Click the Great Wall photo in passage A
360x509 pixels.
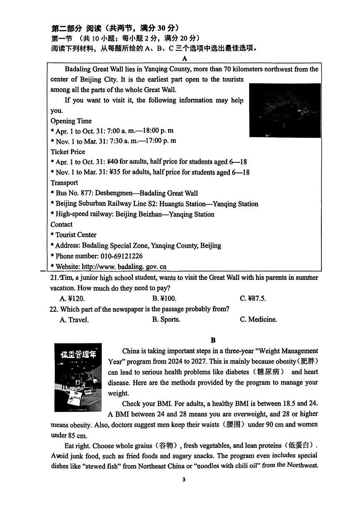point(284,110)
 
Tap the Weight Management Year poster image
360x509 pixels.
point(78,377)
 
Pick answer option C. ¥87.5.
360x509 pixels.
point(253,299)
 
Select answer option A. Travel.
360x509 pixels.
point(74,320)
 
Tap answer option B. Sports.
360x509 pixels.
point(166,320)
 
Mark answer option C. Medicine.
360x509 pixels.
point(258,320)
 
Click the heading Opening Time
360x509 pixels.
point(71,121)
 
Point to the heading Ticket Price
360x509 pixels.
point(68,152)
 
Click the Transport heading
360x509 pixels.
point(64,183)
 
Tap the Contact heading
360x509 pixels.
point(61,224)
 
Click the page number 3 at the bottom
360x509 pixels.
point(184,480)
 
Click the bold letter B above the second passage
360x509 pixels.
point(213,340)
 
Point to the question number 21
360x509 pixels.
point(54,277)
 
